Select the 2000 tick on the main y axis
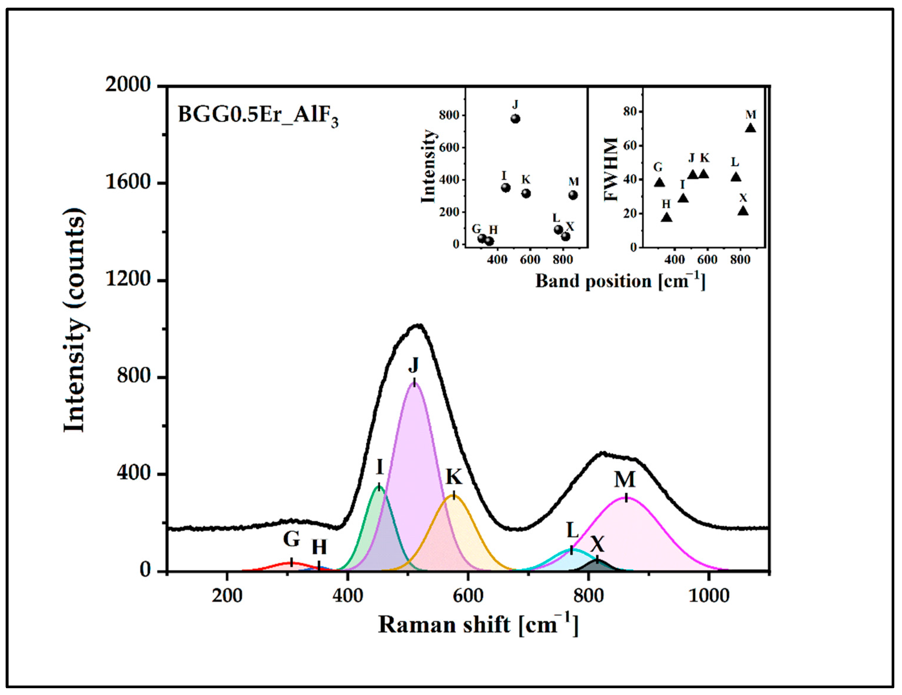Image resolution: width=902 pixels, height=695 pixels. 128,85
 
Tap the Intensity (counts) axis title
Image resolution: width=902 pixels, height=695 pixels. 75,320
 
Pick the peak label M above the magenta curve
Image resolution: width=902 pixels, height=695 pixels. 624,480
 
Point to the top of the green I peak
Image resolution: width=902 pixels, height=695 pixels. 379,487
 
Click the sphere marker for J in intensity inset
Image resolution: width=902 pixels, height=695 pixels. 515,119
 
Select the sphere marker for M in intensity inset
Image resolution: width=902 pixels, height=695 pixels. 573,195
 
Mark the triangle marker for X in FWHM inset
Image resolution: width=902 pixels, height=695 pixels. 743,211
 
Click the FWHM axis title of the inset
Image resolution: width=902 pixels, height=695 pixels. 611,169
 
